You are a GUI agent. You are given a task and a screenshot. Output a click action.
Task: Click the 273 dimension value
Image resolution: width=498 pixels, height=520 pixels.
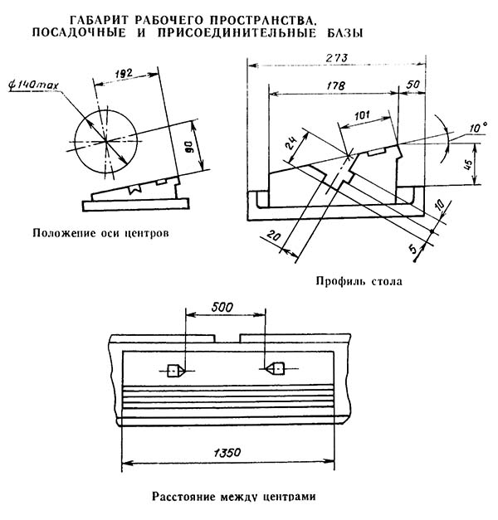click(336, 58)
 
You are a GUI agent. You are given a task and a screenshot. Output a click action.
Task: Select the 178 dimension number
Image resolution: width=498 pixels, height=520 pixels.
click(335, 86)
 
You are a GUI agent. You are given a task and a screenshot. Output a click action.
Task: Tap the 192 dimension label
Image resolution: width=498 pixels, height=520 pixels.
click(123, 73)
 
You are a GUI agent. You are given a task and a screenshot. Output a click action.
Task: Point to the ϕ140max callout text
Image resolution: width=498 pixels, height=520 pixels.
click(33, 85)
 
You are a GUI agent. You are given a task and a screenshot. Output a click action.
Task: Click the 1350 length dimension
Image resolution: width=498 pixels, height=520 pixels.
click(227, 452)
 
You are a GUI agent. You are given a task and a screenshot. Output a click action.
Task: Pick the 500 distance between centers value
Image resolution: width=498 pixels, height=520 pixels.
click(222, 308)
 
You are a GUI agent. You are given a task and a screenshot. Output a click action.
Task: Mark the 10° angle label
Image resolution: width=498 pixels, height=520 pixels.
click(478, 128)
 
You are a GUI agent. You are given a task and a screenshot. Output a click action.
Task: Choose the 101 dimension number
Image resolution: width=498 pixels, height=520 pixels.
click(362, 115)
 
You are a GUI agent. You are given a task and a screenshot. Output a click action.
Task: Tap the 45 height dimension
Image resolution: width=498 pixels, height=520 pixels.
click(467, 164)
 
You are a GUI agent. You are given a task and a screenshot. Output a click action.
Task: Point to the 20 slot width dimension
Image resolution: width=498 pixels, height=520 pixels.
click(274, 236)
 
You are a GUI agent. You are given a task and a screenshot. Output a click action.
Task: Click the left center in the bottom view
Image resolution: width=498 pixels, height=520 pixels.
click(173, 370)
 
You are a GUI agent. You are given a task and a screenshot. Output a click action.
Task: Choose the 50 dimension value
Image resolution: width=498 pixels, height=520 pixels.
click(413, 85)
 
